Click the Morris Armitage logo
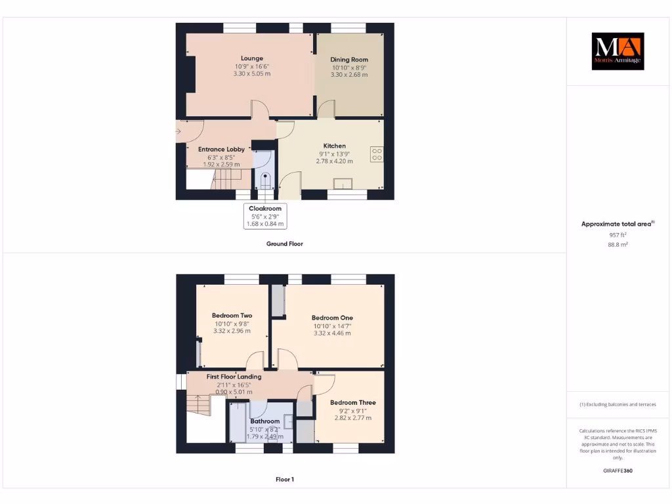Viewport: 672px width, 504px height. coord(618,51)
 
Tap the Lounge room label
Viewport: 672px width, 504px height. coord(251,58)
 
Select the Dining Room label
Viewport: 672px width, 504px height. coord(349,60)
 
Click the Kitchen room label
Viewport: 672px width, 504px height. coord(334,146)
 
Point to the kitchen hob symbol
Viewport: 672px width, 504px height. coord(377,154)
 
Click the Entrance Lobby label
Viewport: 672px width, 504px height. coord(221,149)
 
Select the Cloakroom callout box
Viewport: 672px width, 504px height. coord(265,216)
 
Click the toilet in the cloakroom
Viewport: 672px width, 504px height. coord(265,180)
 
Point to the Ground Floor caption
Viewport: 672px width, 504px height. coord(284,243)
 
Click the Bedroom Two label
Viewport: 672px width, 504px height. coord(232,316)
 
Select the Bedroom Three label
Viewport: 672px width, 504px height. coord(353,402)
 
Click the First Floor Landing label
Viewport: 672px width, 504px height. coord(234,377)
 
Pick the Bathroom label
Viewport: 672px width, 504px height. coord(264,421)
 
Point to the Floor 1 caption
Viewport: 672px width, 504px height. coord(284,479)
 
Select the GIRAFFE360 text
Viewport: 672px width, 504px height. coord(618,471)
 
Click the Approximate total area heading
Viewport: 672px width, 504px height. coord(617,224)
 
